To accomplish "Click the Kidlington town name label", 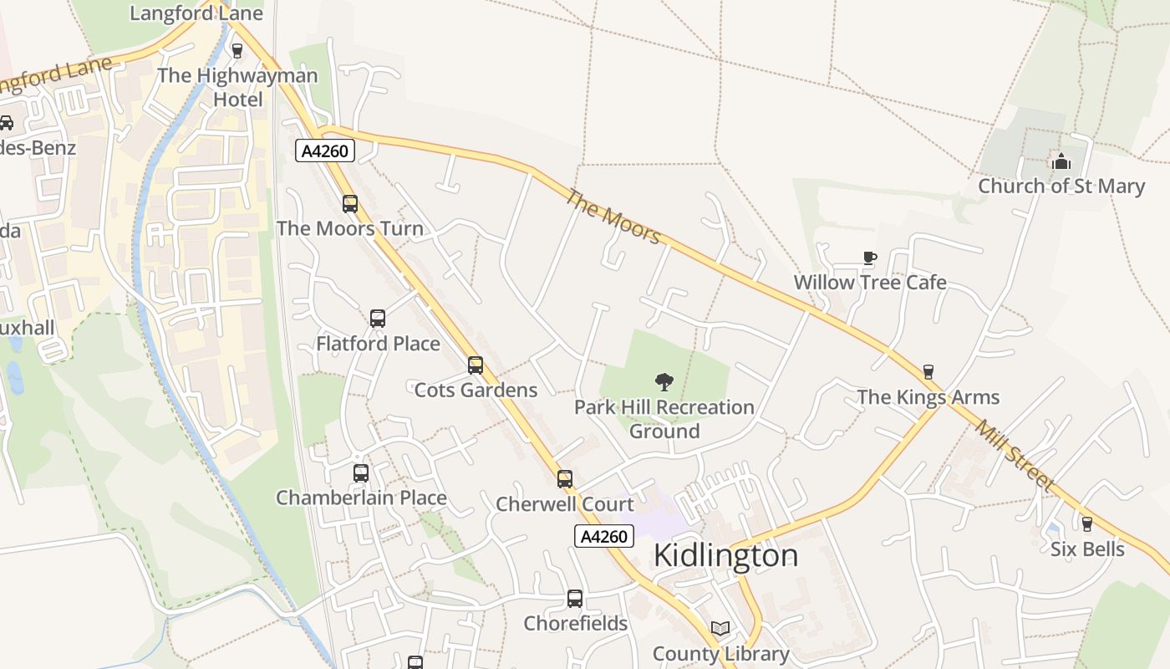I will [725, 556].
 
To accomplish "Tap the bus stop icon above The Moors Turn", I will [349, 203].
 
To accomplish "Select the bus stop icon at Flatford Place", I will [378, 319].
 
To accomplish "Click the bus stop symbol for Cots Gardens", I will [476, 365].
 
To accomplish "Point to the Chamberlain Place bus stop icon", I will [361, 473].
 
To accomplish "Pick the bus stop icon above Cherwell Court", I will [565, 479].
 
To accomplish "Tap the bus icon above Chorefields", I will [575, 599].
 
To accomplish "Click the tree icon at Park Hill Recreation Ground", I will [664, 382].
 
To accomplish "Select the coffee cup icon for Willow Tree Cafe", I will [869, 258].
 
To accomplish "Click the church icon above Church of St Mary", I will [1061, 161].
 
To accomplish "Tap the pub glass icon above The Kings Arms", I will [928, 372].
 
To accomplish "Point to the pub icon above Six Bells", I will [1086, 524].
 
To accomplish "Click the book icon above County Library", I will [720, 629].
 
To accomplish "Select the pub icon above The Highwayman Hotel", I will [237, 51].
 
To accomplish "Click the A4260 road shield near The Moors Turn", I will [326, 151].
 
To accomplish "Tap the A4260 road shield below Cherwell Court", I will [604, 537].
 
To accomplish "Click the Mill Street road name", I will [1015, 454].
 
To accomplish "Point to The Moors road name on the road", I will [613, 217].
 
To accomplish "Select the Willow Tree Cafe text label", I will [870, 283].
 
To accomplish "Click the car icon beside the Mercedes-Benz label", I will [6, 123].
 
